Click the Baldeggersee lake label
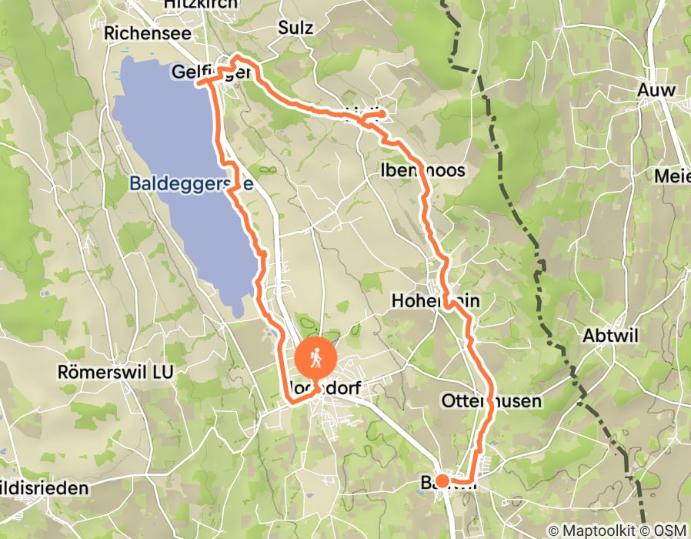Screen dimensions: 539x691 (x=191, y=184)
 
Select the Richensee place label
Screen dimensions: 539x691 (x=142, y=33)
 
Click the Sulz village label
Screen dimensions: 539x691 (x=295, y=28)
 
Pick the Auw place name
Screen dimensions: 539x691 (x=656, y=90)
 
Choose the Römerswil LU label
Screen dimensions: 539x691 (x=115, y=371)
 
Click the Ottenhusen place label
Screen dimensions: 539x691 (x=492, y=401)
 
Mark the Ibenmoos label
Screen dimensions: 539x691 (x=422, y=169)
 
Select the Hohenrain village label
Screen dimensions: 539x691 (x=435, y=300)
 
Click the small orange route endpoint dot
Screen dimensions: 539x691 (x=442, y=480)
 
